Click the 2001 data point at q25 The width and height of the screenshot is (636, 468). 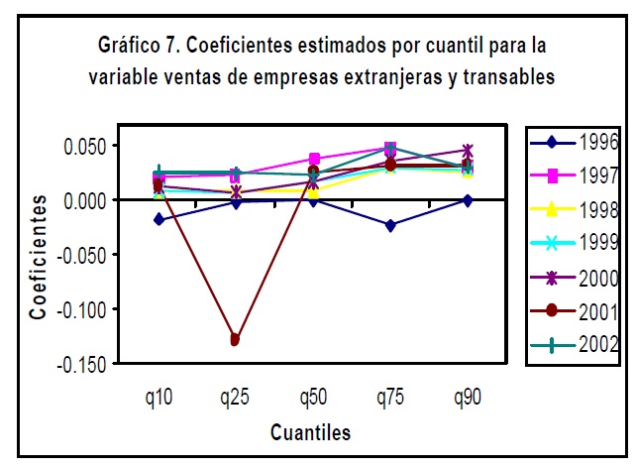[235, 340]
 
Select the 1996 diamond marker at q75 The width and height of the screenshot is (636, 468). [390, 226]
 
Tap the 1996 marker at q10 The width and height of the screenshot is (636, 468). [159, 219]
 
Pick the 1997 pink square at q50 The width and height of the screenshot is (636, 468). [314, 159]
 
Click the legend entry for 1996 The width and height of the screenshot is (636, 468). [575, 142]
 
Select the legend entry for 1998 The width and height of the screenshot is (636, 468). [575, 209]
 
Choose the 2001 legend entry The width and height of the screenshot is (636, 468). [575, 311]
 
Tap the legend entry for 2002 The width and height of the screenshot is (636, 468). [575, 344]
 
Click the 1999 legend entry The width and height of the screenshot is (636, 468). [575, 243]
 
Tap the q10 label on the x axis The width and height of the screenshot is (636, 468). [159, 399]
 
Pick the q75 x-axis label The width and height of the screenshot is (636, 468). [390, 399]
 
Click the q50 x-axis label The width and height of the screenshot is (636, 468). [313, 399]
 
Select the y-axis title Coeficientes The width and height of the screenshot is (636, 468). [38, 255]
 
